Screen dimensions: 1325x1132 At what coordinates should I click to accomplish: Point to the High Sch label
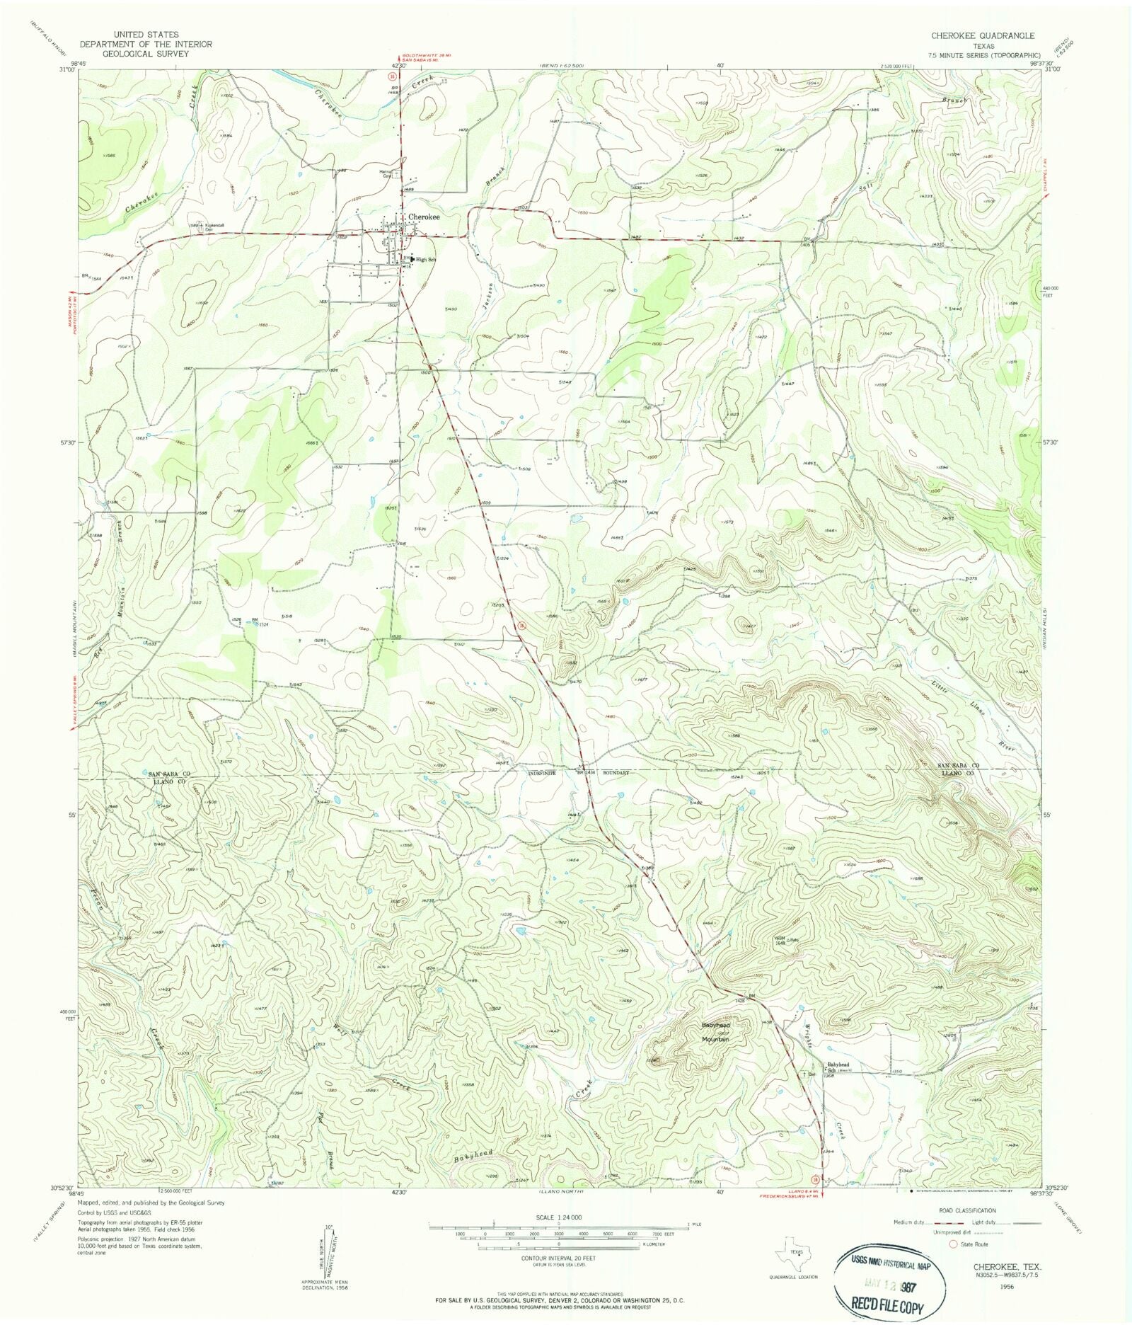point(426,260)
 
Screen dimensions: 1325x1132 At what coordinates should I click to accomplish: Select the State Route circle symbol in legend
point(953,1244)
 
